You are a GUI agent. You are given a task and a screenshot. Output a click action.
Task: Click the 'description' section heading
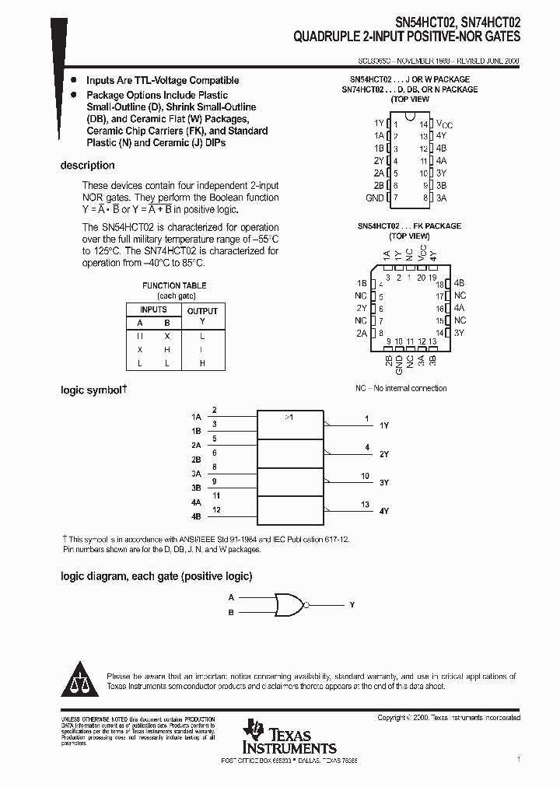87,166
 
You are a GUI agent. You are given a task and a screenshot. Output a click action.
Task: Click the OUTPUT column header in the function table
202,310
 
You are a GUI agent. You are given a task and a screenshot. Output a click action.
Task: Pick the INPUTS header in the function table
153,310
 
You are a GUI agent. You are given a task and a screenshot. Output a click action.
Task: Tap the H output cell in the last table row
202,363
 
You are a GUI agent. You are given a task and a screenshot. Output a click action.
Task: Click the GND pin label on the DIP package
375,198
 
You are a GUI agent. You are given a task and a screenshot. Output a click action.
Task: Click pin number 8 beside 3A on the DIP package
425,198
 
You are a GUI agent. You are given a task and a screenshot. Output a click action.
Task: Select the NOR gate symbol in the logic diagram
289,604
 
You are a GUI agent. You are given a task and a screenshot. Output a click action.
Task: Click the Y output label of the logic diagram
352,604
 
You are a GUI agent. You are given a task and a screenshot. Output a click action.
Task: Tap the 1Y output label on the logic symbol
384,426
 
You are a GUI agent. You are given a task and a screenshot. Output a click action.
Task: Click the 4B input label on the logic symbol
196,516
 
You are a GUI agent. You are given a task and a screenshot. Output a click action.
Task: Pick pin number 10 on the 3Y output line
365,476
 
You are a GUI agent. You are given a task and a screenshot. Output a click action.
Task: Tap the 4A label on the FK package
460,308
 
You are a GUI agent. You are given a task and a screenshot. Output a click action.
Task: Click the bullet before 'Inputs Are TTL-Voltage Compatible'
73,80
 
